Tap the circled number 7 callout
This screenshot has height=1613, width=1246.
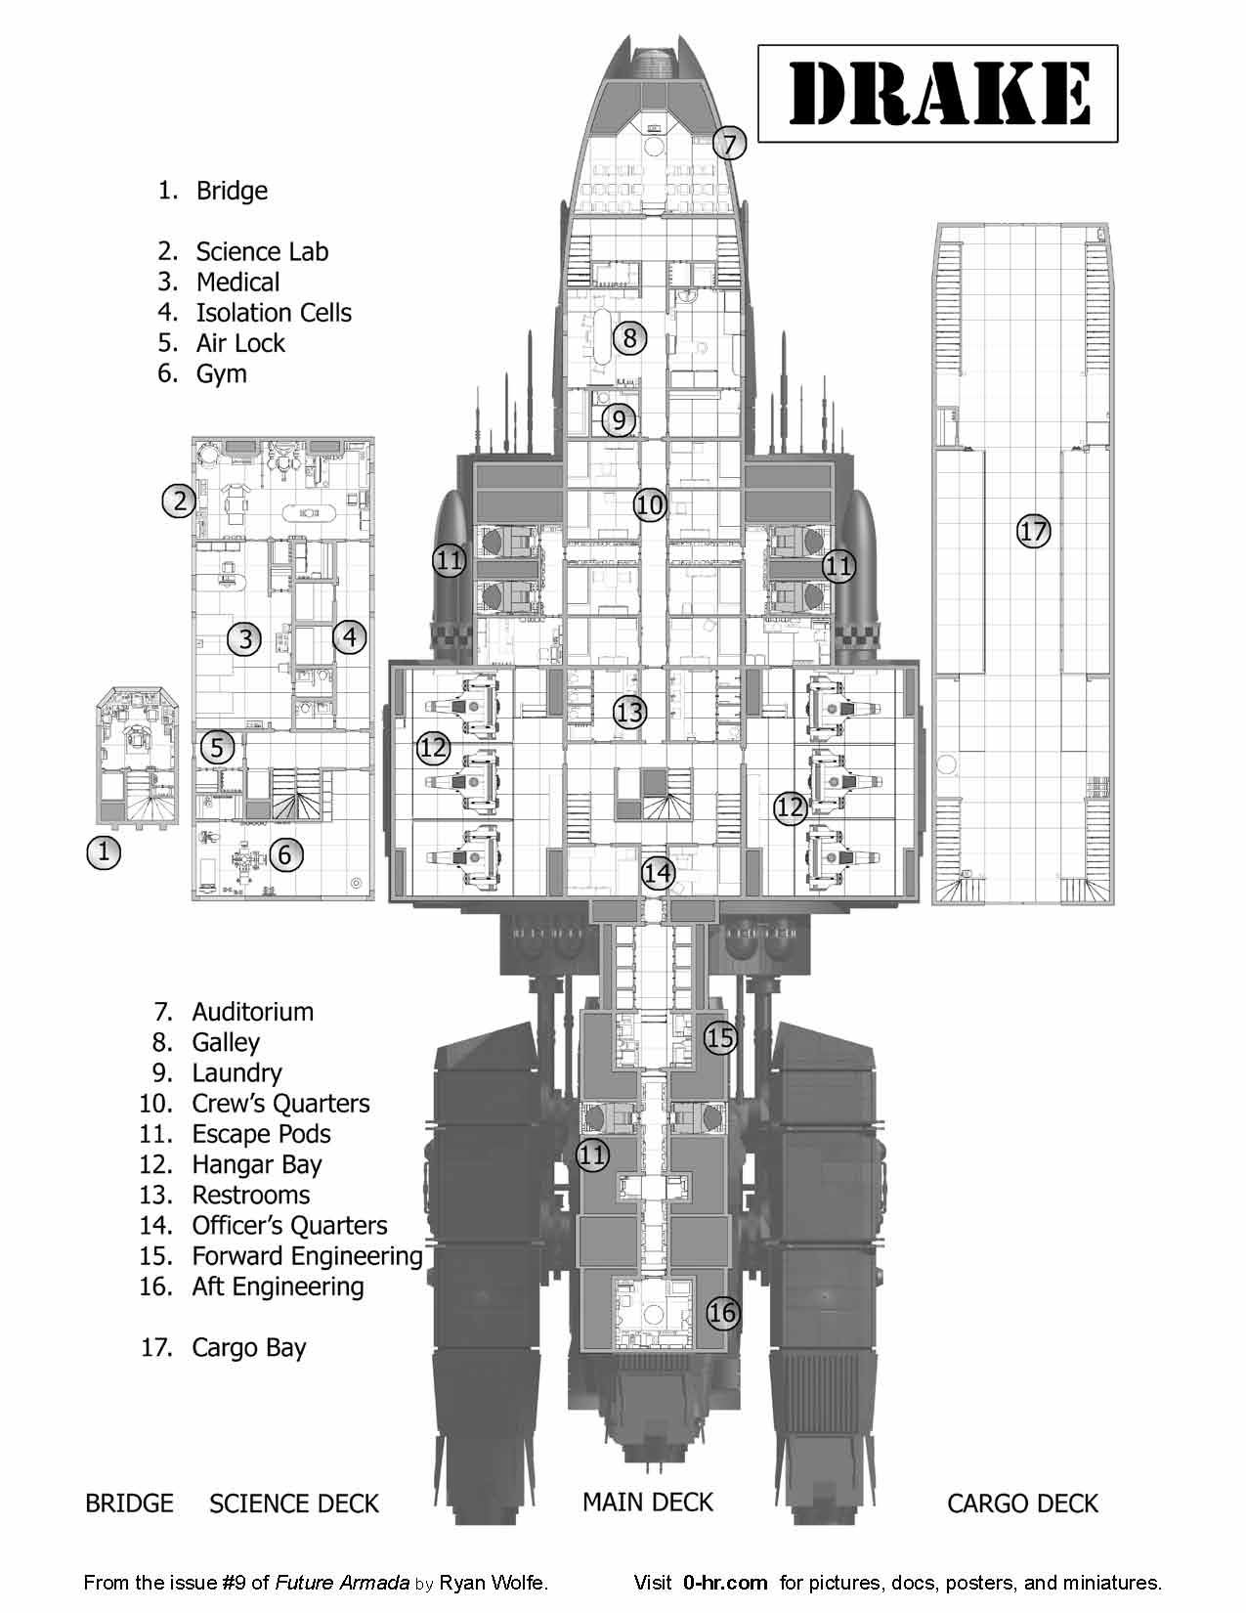pyautogui.click(x=729, y=144)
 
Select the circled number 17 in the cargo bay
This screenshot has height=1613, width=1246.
pyautogui.click(x=1033, y=532)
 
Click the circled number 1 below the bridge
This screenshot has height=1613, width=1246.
pyautogui.click(x=104, y=851)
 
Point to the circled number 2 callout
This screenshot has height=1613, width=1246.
pyautogui.click(x=179, y=501)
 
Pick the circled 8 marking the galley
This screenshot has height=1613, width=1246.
pyautogui.click(x=630, y=338)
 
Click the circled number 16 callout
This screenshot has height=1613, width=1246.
pyautogui.click(x=722, y=1312)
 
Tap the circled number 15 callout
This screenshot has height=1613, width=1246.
pyautogui.click(x=720, y=1037)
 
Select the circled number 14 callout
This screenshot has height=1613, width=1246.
pyautogui.click(x=659, y=872)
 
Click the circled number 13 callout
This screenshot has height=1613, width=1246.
pyautogui.click(x=630, y=712)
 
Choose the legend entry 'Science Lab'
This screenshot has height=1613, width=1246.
pyautogui.click(x=262, y=251)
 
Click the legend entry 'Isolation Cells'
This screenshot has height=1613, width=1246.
pyautogui.click(x=274, y=313)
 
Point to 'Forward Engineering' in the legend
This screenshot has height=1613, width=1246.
pyautogui.click(x=307, y=1256)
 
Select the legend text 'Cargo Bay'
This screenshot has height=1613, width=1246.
pyautogui.click(x=249, y=1348)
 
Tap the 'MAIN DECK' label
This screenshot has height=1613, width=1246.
pyautogui.click(x=648, y=1503)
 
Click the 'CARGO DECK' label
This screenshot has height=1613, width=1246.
pyautogui.click(x=1022, y=1504)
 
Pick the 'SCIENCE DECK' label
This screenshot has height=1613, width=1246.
pyautogui.click(x=294, y=1504)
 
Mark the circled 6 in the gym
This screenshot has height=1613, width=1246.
pyautogui.click(x=284, y=854)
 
